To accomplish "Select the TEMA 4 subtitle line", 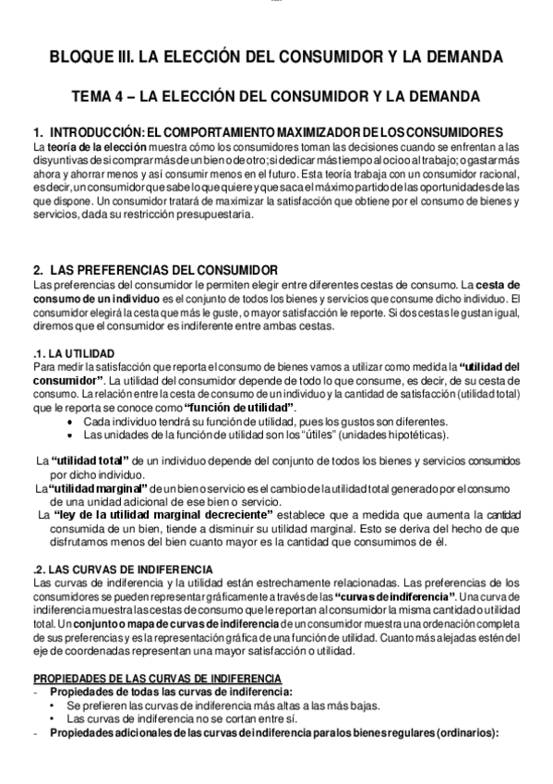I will (276, 96).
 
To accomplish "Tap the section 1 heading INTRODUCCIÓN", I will (268, 132).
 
